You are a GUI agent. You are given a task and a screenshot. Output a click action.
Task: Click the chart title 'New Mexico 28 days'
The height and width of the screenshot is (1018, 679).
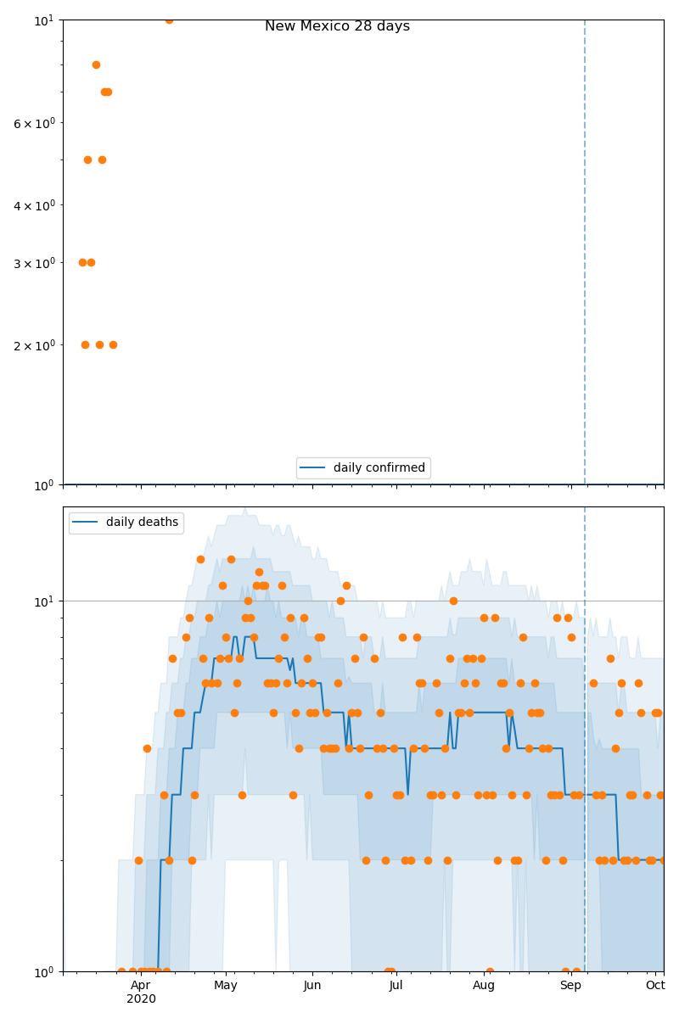coord(337,26)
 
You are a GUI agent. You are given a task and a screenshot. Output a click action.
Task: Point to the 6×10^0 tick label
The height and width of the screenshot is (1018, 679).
coord(34,123)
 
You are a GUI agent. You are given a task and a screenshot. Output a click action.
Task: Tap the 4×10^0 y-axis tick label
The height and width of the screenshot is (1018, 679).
coord(34,205)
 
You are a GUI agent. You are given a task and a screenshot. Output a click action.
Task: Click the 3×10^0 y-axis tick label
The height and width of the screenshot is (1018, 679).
coord(34,263)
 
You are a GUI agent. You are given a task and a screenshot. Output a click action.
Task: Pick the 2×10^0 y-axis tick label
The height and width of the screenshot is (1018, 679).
coord(34,345)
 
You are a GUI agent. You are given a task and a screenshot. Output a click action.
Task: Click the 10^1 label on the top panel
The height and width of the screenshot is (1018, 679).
coord(43,19)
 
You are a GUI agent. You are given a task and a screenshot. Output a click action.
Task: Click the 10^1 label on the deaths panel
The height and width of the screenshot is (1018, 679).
coord(43,601)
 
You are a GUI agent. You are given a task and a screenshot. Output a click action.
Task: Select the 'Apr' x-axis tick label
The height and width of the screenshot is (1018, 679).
coord(141,985)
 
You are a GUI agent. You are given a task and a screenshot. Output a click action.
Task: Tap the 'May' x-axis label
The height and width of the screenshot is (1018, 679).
coord(226,985)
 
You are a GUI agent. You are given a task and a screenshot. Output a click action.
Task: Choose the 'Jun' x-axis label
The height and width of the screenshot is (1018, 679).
coord(312,985)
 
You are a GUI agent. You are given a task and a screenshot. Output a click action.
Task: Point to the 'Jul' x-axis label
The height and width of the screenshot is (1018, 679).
coord(396,985)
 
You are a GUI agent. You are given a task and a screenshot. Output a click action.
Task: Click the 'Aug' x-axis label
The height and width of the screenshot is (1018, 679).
coord(484,985)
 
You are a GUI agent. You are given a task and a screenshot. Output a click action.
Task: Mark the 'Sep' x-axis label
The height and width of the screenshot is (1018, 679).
coord(570,985)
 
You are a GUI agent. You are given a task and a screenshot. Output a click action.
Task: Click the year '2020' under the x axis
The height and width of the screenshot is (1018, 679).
coord(141,999)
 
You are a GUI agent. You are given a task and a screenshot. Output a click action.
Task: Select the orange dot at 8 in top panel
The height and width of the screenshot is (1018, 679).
coord(96,64)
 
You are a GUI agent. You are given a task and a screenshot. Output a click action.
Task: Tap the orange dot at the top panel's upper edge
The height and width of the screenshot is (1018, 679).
coord(169,20)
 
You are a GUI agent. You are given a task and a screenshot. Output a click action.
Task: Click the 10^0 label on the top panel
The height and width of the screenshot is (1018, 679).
coord(43,484)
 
